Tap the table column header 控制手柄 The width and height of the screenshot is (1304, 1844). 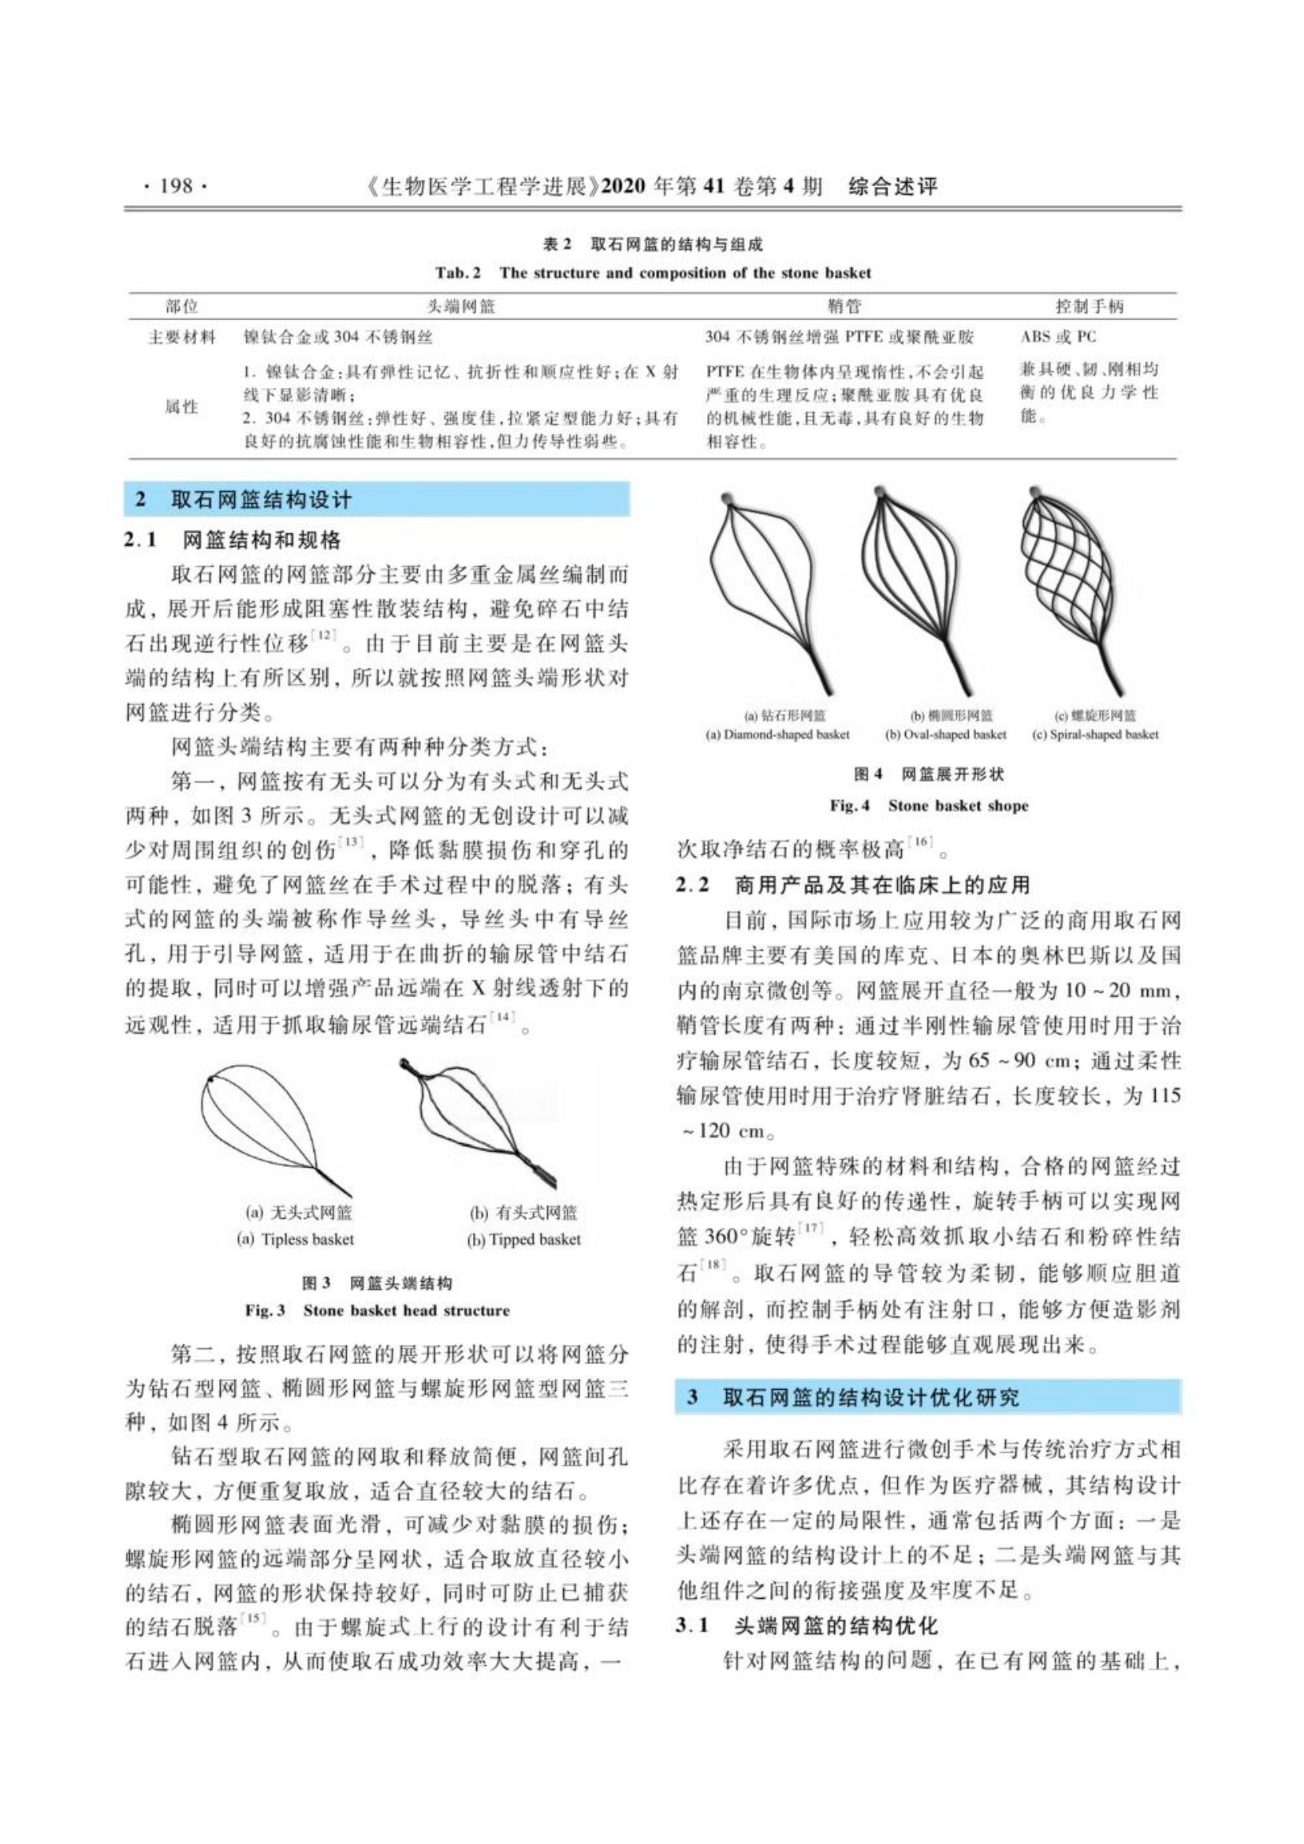point(1090,306)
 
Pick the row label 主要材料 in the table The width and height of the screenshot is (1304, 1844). point(181,337)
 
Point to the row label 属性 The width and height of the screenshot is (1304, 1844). point(181,407)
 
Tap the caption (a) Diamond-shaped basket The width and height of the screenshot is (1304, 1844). point(777,734)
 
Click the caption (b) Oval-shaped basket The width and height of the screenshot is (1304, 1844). point(945,734)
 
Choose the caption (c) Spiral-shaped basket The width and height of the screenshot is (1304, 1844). point(1094,734)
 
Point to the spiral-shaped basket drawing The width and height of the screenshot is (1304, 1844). point(1076,587)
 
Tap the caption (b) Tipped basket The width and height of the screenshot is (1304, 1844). point(523,1239)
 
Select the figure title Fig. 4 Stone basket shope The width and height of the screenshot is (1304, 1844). point(928,806)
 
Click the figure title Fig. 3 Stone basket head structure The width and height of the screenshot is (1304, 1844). point(377,1310)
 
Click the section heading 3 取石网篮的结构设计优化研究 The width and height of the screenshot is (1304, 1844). point(853,1398)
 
